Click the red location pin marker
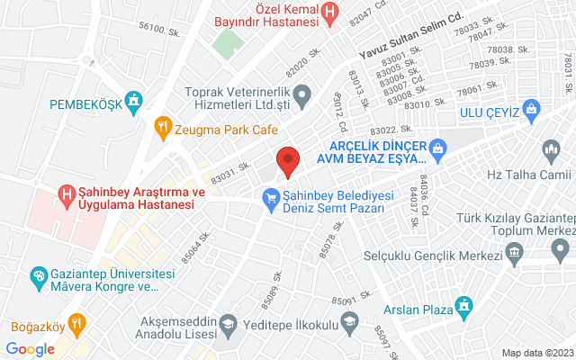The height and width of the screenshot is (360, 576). tap(287, 160)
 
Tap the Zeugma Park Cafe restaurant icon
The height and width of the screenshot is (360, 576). tap(162, 127)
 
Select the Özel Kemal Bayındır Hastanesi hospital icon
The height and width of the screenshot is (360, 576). tap(330, 13)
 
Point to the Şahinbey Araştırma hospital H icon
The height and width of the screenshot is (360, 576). tap(66, 193)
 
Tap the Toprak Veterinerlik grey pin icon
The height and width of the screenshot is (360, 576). tap(303, 94)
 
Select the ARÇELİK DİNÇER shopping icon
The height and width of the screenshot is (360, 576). tap(438, 147)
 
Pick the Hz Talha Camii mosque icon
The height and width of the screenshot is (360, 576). tap(550, 148)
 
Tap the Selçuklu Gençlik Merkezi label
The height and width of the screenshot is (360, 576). tap(432, 256)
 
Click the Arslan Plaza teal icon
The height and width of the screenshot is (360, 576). tap(464, 303)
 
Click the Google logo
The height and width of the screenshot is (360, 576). tap(31, 348)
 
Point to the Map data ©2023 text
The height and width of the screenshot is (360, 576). tap(536, 353)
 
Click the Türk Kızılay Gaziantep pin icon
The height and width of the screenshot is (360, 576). tap(562, 247)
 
